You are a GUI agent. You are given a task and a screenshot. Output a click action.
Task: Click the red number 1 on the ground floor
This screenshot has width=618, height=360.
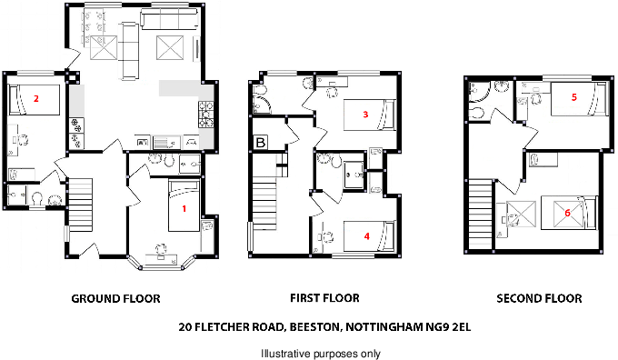184,208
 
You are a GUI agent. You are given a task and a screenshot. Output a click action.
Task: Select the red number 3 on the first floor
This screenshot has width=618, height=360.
364,115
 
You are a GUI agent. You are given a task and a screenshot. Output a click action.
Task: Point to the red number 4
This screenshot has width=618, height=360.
366,235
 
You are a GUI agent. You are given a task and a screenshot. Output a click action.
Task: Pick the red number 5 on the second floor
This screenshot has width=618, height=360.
573,96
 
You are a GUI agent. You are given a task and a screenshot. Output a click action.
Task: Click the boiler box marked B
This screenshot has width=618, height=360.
261,143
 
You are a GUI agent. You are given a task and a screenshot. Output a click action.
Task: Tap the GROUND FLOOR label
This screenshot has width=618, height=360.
115,298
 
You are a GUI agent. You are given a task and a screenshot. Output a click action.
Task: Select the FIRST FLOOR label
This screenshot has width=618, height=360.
324,298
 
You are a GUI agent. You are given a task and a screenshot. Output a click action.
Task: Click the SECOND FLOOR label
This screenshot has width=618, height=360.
539,298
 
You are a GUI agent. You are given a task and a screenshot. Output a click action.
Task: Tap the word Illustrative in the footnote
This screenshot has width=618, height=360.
285,353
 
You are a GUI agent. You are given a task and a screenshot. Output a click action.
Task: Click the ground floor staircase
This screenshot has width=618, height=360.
81,200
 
